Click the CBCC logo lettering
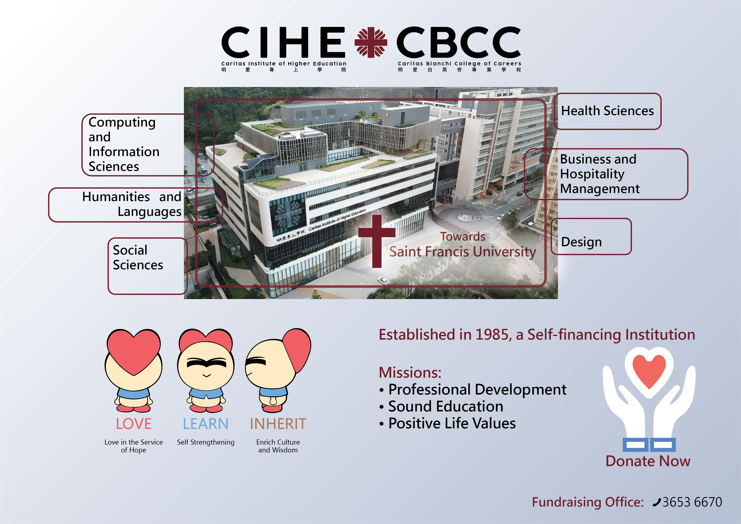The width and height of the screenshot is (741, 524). click(x=459, y=42)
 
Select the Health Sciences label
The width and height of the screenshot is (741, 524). click(x=607, y=111)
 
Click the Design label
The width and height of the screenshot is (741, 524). click(x=581, y=242)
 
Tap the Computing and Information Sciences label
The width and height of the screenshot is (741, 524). click(x=124, y=144)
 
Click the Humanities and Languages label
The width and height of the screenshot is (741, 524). click(x=132, y=204)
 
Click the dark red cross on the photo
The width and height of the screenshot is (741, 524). click(x=377, y=241)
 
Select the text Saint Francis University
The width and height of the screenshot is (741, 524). click(x=462, y=252)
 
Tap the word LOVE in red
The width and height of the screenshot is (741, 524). click(x=134, y=424)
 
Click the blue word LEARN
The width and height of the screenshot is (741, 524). click(x=206, y=424)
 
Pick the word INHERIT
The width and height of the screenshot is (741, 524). click(x=278, y=424)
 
